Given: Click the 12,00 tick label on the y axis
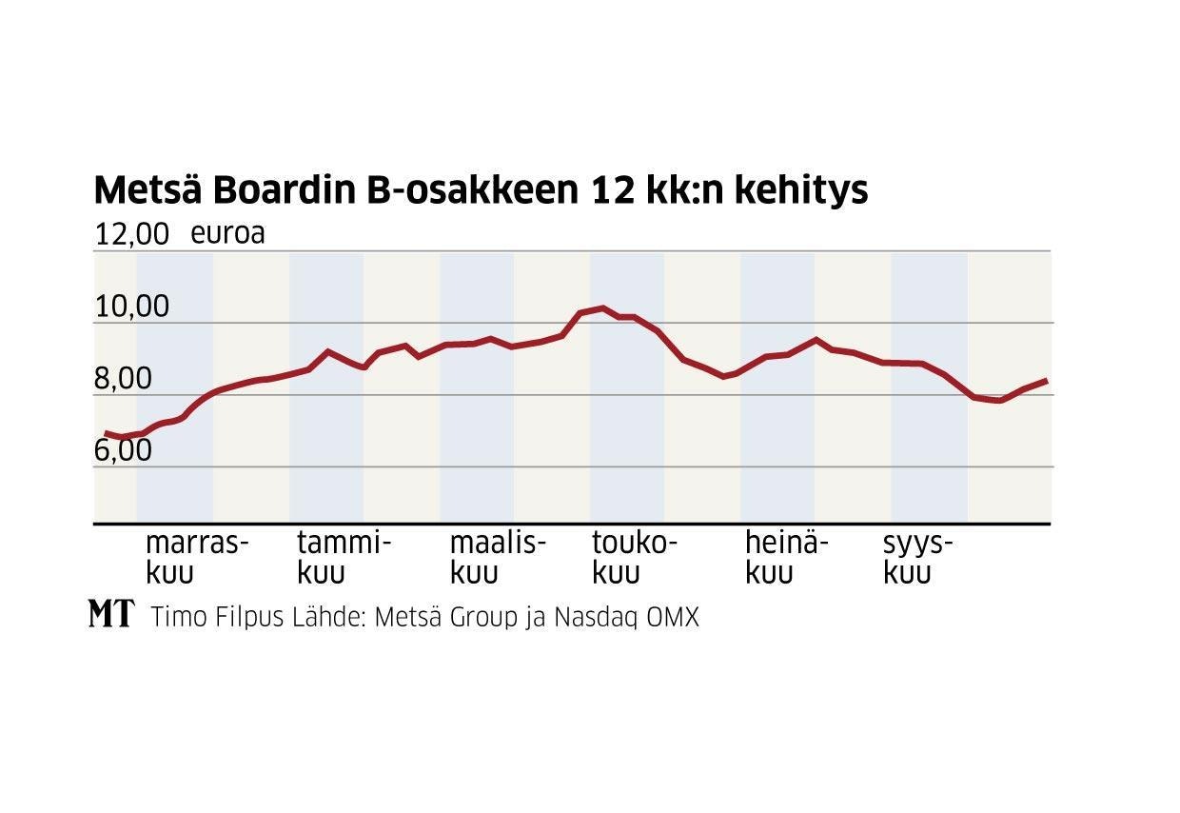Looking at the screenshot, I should (x=131, y=235).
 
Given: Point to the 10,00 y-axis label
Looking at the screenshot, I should (x=131, y=307).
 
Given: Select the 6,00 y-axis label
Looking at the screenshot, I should (x=123, y=450).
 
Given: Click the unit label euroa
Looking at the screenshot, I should (x=227, y=233).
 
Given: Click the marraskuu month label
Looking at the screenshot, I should (x=196, y=558).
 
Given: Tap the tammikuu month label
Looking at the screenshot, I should (x=344, y=558).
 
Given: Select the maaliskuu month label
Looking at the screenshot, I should (x=498, y=558).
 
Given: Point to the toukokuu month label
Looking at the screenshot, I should (x=635, y=558).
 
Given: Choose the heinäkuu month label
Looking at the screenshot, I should (x=786, y=558).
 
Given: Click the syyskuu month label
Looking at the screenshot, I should (x=917, y=558).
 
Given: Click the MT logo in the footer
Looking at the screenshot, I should (x=111, y=614).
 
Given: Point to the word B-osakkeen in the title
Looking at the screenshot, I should (x=473, y=190).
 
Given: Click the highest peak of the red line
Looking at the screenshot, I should (x=601, y=307).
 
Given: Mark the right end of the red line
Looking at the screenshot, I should (x=1047, y=381).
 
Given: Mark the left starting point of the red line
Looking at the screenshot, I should (x=105, y=434).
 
